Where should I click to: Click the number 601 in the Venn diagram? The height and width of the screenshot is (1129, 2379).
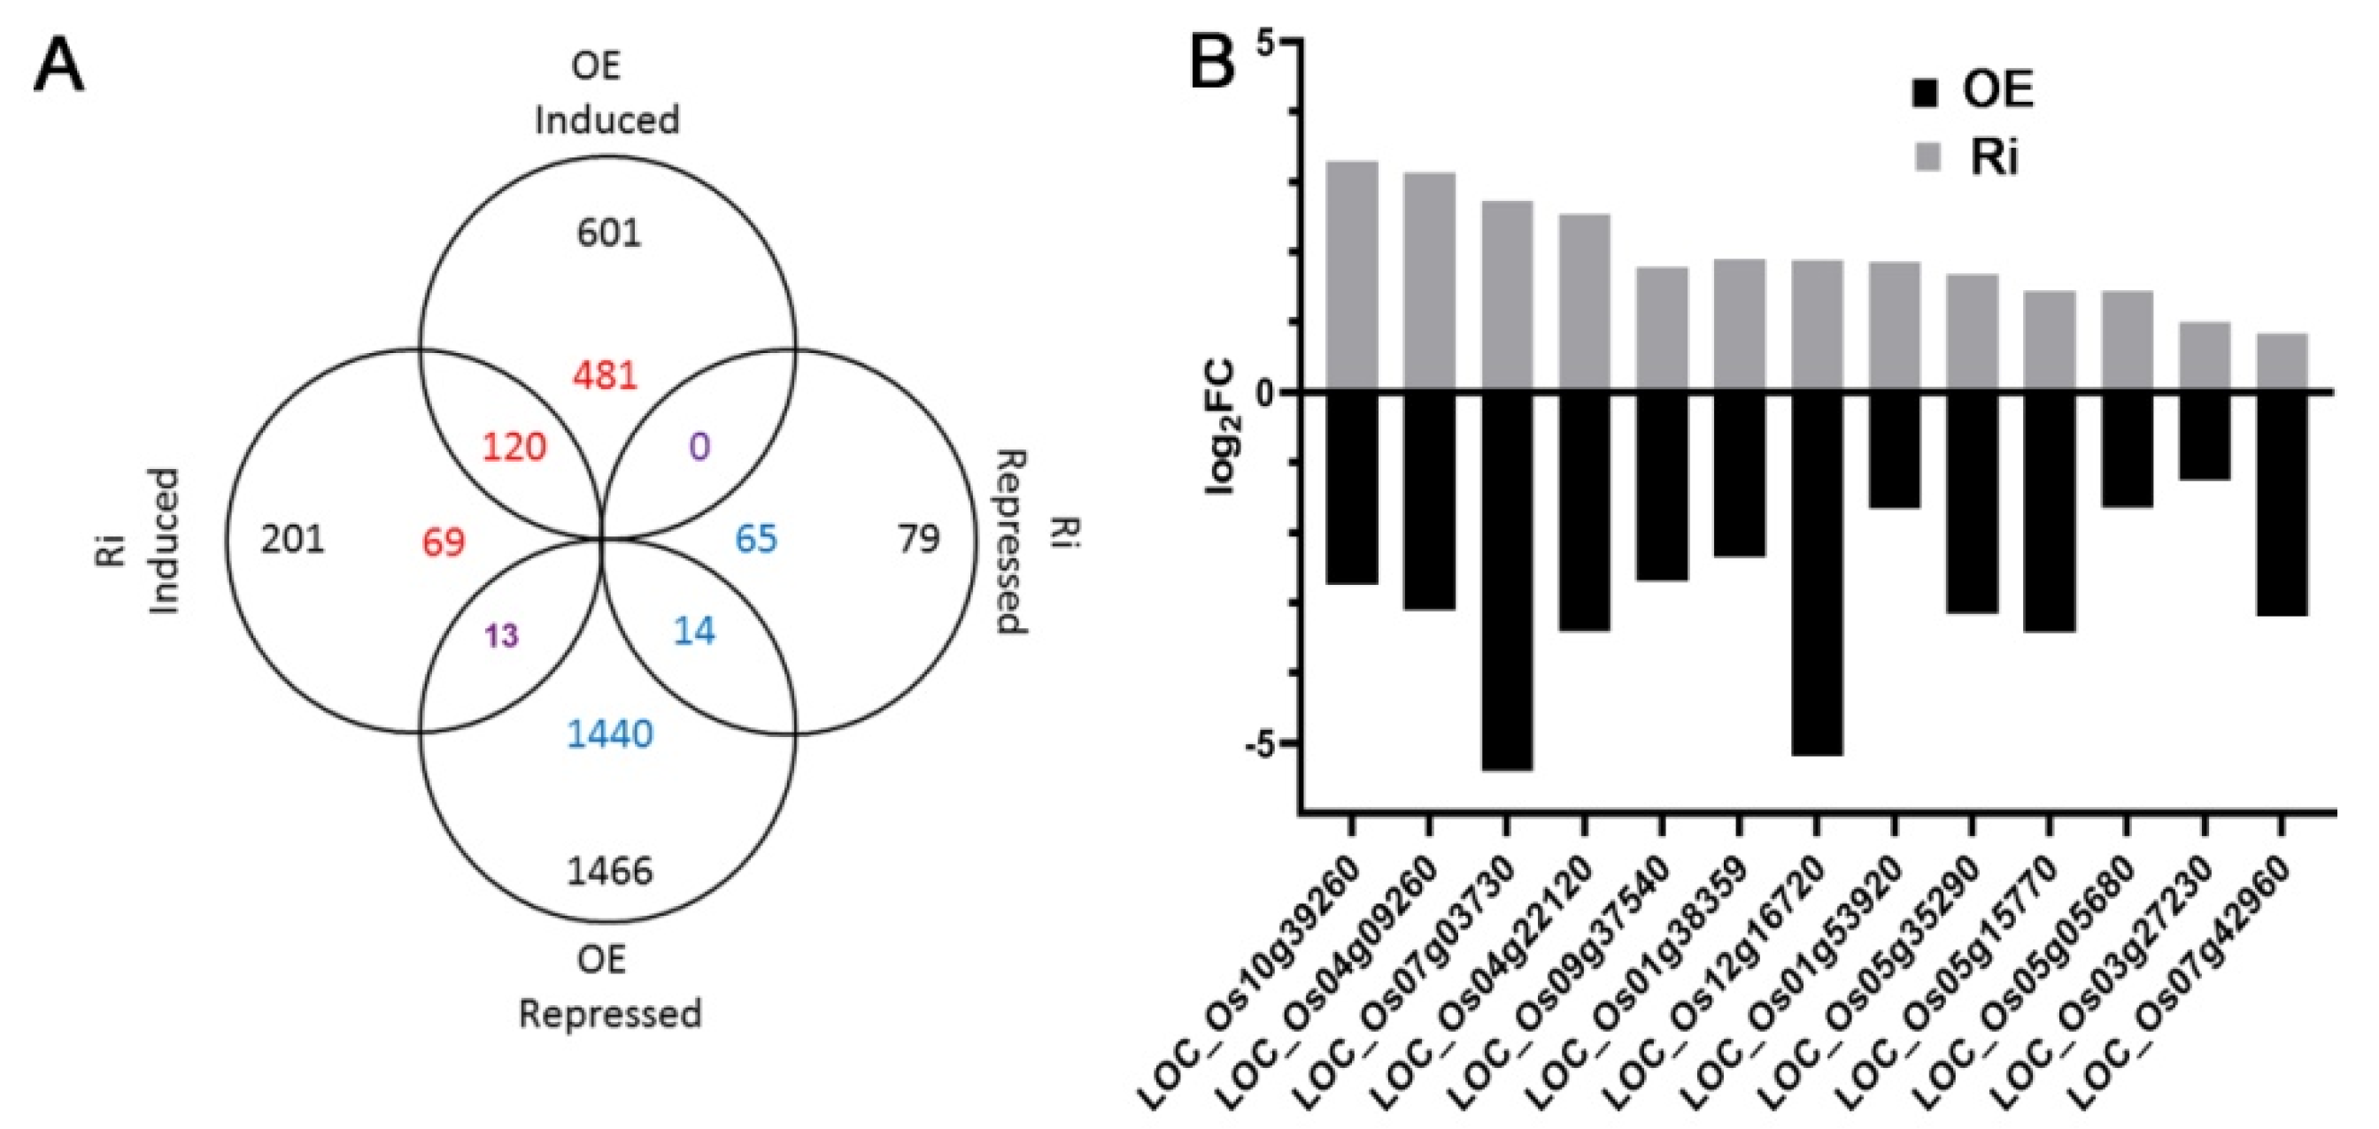[607, 234]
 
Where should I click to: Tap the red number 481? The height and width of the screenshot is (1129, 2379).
[605, 376]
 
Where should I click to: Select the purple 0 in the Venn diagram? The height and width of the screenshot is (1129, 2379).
[699, 448]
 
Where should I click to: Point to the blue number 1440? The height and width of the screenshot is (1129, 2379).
[609, 734]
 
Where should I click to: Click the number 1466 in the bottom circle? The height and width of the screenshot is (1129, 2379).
[609, 871]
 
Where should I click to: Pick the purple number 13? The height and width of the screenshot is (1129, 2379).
[501, 636]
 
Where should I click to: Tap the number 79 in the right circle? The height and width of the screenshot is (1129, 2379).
[919, 538]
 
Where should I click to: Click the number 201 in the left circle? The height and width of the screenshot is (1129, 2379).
[293, 538]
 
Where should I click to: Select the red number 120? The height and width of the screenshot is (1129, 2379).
[514, 448]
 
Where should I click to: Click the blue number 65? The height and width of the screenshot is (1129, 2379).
[755, 538]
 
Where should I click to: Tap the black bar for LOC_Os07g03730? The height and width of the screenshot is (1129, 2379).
[1506, 580]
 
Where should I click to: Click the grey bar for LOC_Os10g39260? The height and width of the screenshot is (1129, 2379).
[1352, 277]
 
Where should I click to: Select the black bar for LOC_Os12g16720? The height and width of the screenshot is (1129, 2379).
[1817, 573]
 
